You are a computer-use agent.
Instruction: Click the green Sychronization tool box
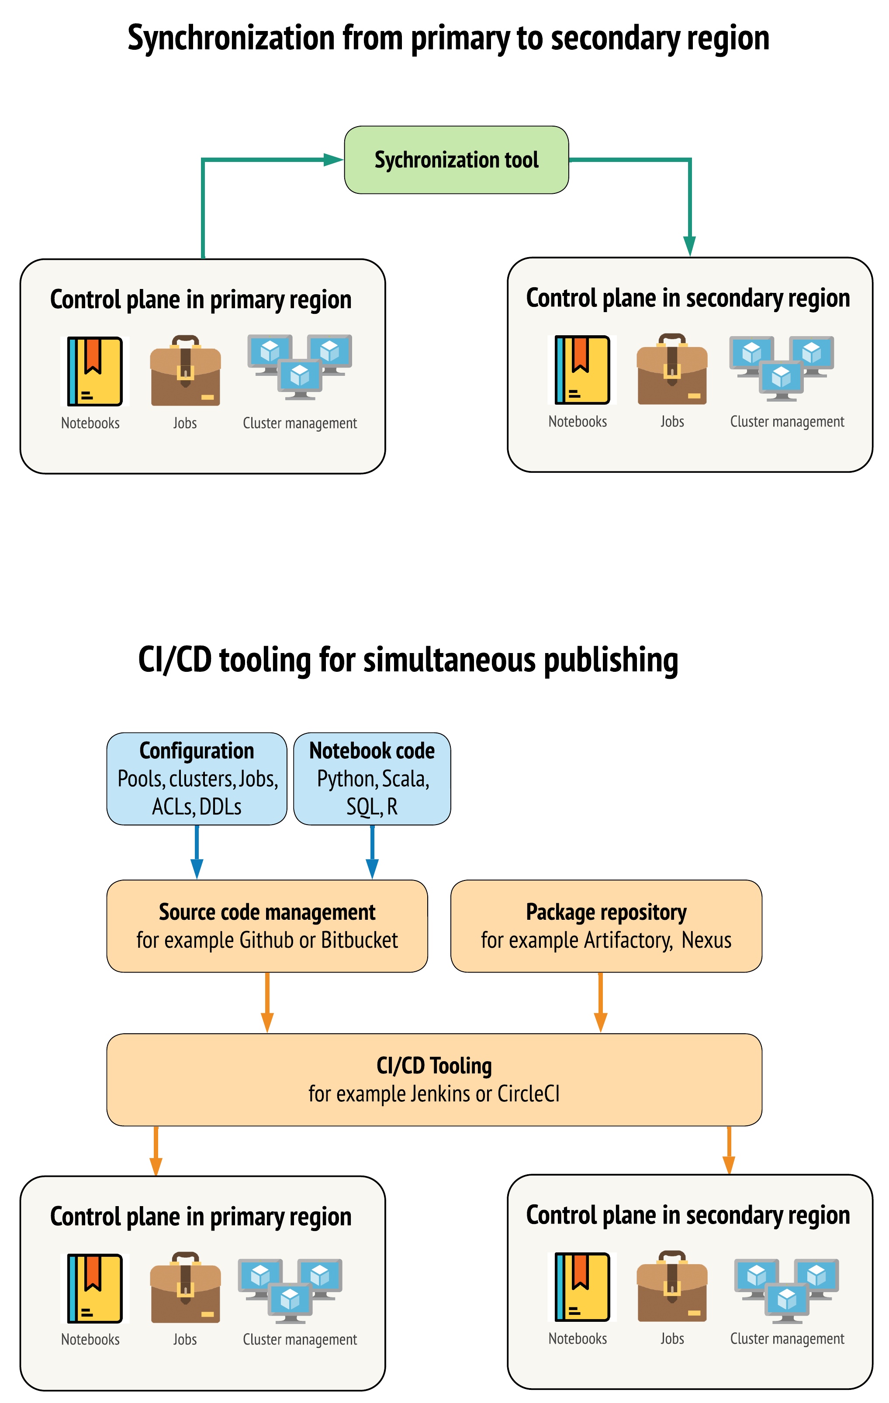(456, 160)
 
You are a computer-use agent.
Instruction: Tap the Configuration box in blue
(197, 778)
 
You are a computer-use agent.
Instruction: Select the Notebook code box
(372, 778)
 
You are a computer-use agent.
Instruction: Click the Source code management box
(267, 926)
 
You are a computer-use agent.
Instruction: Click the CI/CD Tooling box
(434, 1079)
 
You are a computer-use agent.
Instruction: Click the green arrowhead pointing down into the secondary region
(690, 246)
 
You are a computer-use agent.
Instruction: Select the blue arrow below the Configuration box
(197, 852)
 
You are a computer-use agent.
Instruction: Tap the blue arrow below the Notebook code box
(372, 852)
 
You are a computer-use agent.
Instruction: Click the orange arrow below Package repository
(600, 1002)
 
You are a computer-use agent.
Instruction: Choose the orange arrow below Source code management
(267, 1002)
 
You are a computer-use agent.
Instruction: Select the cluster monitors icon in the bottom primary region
(290, 1290)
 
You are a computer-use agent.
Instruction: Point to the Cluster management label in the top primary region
(300, 423)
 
